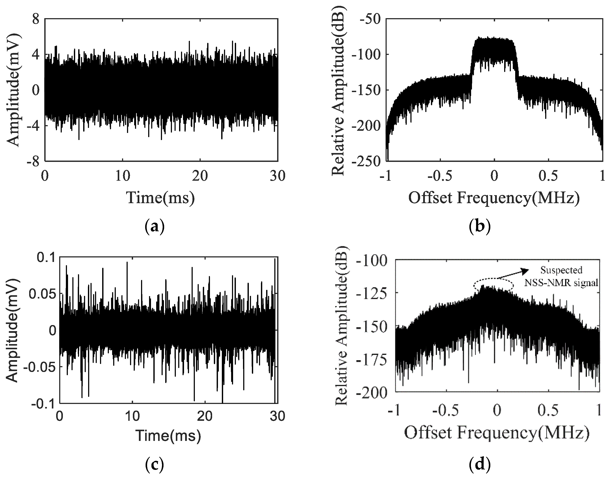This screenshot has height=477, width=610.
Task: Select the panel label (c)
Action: (154, 465)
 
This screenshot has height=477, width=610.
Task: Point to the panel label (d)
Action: (480, 465)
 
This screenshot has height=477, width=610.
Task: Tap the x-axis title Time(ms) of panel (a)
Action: (161, 198)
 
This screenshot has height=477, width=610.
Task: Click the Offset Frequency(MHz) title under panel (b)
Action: (494, 198)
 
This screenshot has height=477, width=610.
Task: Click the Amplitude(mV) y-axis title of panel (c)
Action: (13, 331)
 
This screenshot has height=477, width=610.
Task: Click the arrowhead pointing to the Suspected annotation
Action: (525, 270)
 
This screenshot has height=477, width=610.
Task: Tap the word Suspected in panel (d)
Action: (561, 270)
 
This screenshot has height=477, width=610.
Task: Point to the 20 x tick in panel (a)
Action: (200, 176)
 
